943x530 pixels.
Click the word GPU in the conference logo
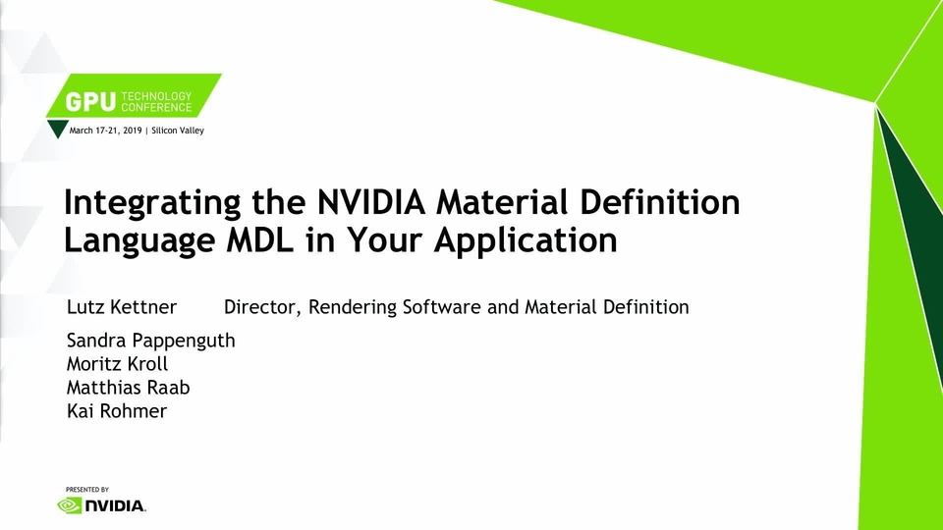click(90, 102)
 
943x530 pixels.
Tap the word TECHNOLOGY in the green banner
click(156, 96)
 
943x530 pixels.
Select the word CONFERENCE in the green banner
click(156, 108)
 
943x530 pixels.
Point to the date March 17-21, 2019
click(105, 131)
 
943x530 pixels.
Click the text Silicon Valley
click(178, 131)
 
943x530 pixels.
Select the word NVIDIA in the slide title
click(371, 202)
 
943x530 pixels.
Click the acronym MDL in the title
click(259, 240)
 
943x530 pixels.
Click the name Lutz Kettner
click(122, 307)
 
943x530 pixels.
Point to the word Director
click(262, 307)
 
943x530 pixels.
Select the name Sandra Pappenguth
click(151, 341)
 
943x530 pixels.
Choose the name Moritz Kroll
click(117, 363)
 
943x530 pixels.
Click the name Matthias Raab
click(128, 388)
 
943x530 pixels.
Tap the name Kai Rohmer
click(117, 411)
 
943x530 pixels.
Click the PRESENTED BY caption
click(87, 490)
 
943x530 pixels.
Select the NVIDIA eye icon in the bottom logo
click(69, 506)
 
